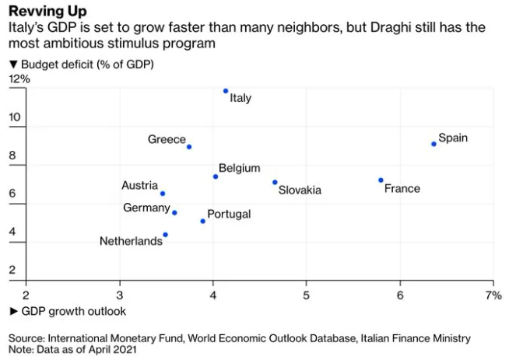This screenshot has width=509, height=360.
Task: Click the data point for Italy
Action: click(x=226, y=91)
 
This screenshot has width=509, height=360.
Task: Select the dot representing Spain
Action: click(x=434, y=144)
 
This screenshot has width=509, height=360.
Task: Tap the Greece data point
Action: click(x=189, y=146)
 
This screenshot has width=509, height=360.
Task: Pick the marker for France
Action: click(x=381, y=180)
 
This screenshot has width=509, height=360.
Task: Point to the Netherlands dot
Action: click(x=165, y=235)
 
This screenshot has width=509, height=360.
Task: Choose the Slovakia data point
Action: click(x=275, y=182)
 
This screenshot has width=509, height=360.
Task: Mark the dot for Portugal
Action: click(x=203, y=221)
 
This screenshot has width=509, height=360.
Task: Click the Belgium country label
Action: click(x=240, y=168)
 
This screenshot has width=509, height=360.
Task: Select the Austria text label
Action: click(x=139, y=185)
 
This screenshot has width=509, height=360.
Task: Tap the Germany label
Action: click(x=146, y=208)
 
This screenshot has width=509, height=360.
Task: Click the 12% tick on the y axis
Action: click(x=19, y=79)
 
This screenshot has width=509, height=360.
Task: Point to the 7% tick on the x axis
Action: click(x=493, y=295)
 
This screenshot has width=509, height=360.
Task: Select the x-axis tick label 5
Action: click(x=306, y=295)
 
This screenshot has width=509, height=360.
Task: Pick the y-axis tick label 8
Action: click(x=12, y=156)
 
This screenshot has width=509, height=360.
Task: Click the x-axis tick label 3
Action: click(x=120, y=295)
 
